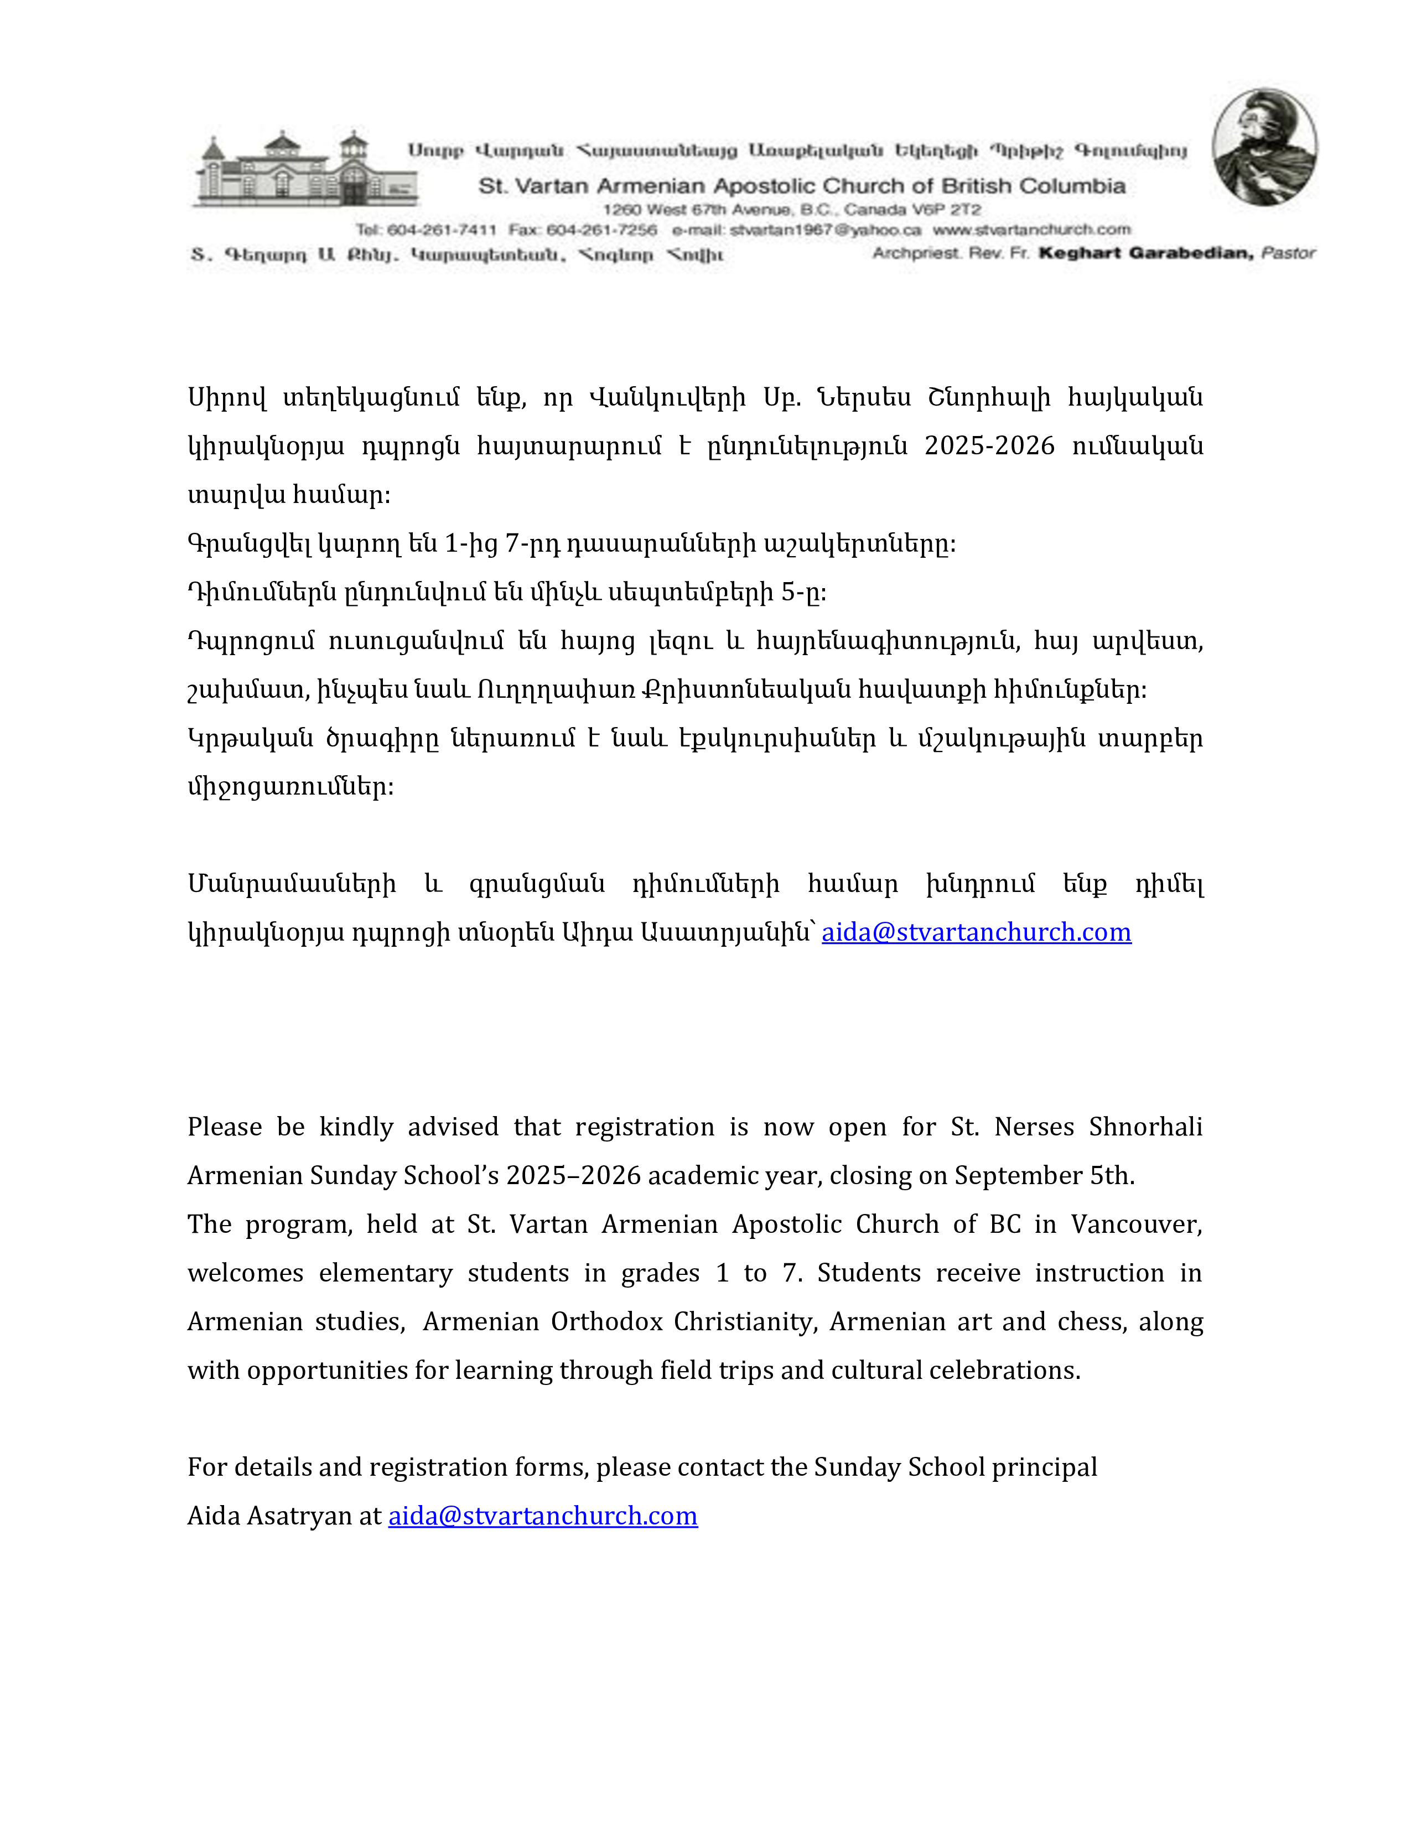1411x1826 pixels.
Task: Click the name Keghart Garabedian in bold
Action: coord(1145,252)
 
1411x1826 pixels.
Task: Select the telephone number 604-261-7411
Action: coord(442,230)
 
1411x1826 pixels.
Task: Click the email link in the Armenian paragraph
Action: coord(976,932)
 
